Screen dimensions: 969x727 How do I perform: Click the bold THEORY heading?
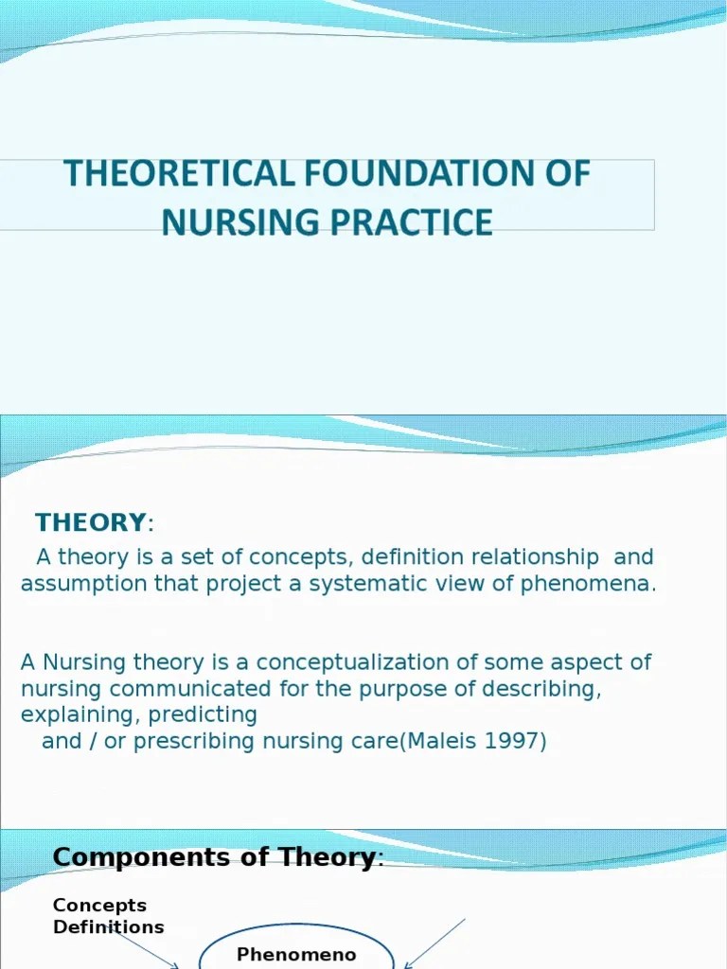tap(90, 522)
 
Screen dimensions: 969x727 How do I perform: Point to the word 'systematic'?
tap(363, 583)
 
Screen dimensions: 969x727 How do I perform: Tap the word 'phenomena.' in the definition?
tap(587, 583)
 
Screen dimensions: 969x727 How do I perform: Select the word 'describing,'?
tap(542, 688)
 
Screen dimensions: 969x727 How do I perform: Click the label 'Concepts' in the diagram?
tap(99, 906)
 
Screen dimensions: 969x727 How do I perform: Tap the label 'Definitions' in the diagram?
tap(108, 926)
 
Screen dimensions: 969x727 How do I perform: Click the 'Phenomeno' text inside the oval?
tap(296, 955)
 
